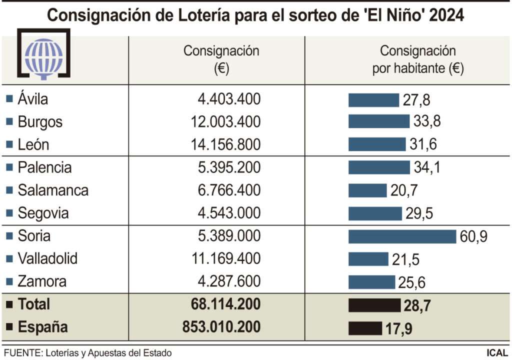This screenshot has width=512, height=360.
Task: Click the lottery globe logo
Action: coord(44,55)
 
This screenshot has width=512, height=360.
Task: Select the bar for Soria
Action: coord(402,236)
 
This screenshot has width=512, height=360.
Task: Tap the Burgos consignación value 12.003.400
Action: coord(225,122)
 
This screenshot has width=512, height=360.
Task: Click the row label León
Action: coord(33,145)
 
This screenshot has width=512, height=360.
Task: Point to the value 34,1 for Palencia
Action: coord(427,167)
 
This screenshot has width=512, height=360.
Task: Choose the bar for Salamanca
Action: coord(367,190)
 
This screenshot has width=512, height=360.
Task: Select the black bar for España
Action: coord(365,328)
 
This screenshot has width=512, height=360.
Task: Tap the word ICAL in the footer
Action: coord(497,353)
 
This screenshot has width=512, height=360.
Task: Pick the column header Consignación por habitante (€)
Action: coord(418,59)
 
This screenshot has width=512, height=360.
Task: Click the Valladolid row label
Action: coord(47,259)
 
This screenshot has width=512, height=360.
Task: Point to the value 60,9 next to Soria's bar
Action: coord(473,236)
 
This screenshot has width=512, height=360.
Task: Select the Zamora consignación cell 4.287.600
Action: coord(229,281)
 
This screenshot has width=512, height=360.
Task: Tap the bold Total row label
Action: coord(34,304)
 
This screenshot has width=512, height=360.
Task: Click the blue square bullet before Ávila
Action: coord(9,99)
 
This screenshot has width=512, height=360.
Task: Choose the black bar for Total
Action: coord(374,305)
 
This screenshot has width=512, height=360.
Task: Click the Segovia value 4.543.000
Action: coord(229,213)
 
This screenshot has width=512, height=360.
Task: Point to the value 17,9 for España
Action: coord(398,329)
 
